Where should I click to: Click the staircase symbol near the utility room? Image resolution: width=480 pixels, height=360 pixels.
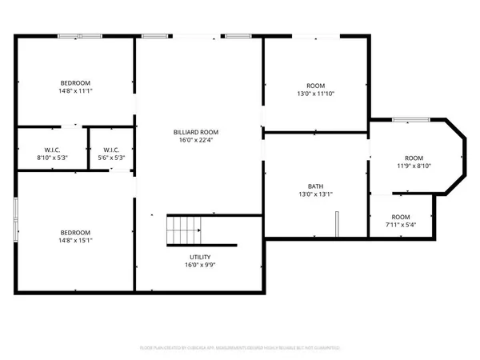pos(182,230)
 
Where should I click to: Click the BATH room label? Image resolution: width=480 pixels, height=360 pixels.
pos(316,184)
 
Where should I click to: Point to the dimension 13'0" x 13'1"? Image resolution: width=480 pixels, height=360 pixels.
pos(316,193)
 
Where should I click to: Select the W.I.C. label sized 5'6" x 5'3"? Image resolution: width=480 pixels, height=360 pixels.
pos(110,149)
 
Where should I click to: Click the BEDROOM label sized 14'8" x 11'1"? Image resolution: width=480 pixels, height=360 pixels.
pos(75,83)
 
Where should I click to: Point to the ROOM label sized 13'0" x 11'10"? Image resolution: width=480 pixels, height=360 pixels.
pos(316,86)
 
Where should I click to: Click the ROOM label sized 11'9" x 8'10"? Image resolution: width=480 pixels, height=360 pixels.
pos(414,158)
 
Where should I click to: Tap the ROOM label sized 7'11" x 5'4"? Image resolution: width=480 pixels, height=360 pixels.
pos(401,217)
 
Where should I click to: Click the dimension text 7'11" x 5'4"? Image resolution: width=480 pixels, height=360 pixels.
pos(401,225)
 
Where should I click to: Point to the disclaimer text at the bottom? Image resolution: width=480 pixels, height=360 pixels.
pos(240,348)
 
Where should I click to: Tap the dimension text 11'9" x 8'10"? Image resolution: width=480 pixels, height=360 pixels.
pos(414,166)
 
